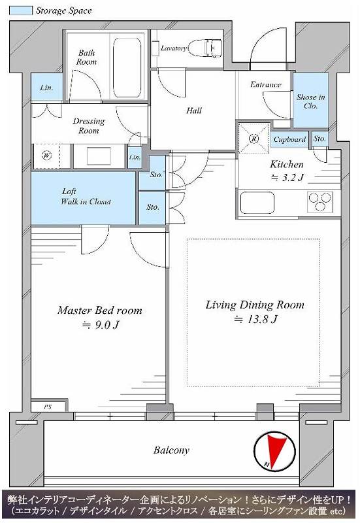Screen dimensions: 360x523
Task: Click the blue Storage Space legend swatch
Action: [x=21, y=10]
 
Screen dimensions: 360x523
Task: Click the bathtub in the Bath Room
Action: [x=126, y=68]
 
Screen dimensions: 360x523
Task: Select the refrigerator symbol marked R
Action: [x=254, y=139]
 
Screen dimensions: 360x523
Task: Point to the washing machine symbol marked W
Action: [x=46, y=156]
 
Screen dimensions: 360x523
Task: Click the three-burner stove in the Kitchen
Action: [x=320, y=202]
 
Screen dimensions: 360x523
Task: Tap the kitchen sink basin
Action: [x=257, y=203]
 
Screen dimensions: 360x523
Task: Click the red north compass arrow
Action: [x=276, y=450]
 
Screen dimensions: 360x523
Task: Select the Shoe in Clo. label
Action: [x=310, y=101]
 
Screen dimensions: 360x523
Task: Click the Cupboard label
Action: [x=289, y=139]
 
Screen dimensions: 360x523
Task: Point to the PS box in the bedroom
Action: [x=48, y=407]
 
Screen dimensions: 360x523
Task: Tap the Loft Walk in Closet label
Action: [x=86, y=197]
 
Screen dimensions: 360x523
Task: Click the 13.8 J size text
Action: [x=255, y=320]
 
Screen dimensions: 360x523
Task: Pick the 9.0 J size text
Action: [x=101, y=325]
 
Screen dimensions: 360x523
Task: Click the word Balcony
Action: [x=171, y=450]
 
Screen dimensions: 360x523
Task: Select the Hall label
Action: [x=194, y=110]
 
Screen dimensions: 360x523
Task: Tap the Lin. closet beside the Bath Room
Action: [x=46, y=87]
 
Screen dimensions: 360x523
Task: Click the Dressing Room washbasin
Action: [x=99, y=156]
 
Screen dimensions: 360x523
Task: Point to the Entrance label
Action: [x=266, y=85]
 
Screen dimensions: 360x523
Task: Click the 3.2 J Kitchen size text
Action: [x=287, y=178]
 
